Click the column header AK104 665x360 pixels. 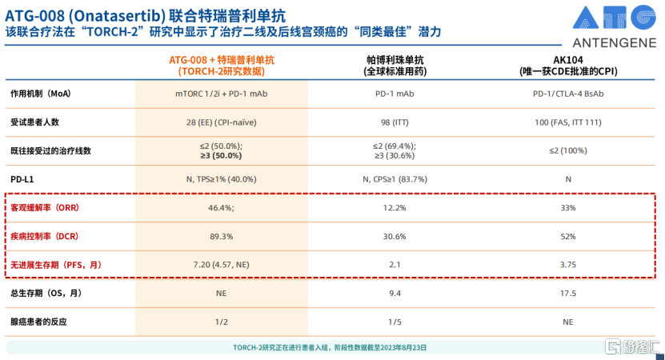point(568,60)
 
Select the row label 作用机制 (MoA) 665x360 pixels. point(41,94)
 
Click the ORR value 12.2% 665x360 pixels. point(395,207)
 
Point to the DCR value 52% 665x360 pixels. point(568,236)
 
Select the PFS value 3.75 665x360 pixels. point(568,264)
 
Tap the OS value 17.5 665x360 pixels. point(568,294)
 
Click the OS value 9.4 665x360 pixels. point(395,294)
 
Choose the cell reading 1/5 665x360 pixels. point(395,322)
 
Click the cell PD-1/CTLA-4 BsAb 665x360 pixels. point(568,94)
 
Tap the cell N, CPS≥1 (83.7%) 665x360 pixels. point(395,179)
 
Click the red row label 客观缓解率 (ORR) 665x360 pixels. point(45,207)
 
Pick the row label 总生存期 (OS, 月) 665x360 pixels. point(46,294)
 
